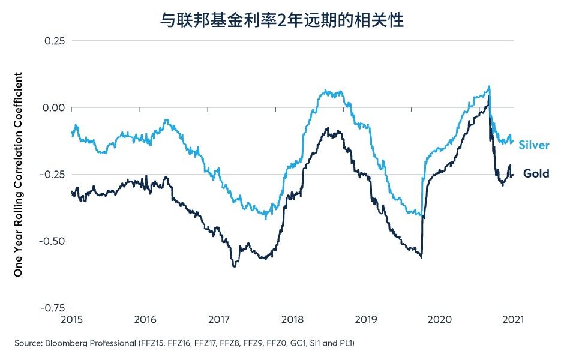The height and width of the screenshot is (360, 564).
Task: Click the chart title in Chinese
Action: (281, 20)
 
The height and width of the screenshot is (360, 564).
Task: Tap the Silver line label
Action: (534, 145)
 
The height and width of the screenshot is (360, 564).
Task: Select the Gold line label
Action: (536, 173)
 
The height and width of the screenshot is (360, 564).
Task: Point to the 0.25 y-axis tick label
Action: (55, 41)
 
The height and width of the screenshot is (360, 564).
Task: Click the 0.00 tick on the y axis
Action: (54, 107)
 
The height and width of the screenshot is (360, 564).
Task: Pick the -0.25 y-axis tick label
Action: (53, 174)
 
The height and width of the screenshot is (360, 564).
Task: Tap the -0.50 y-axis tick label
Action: (53, 241)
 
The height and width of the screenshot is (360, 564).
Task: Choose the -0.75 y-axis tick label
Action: (53, 308)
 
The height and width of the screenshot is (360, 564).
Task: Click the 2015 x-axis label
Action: (71, 319)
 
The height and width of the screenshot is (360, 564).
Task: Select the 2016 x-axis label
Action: (145, 319)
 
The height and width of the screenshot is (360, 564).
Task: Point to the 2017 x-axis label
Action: (219, 319)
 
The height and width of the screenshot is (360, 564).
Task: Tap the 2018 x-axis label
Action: (292, 319)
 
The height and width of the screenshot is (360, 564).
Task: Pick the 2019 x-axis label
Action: (366, 319)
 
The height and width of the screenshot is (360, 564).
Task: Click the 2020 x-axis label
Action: (440, 319)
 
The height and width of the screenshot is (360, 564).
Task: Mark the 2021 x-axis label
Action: (513, 319)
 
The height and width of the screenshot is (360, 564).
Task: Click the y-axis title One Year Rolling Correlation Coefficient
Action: (18, 175)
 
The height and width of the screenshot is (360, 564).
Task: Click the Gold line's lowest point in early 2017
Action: (234, 266)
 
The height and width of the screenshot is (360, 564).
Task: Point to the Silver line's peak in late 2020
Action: (489, 86)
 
